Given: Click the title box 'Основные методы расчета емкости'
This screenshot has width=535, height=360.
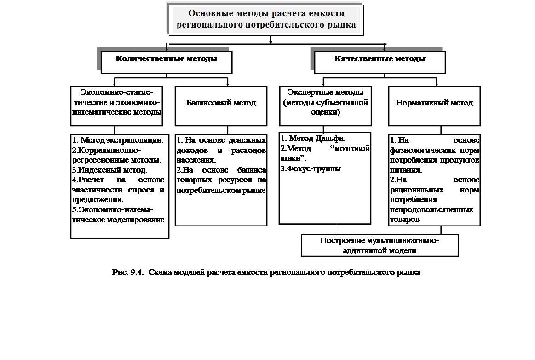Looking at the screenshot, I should tap(266, 20).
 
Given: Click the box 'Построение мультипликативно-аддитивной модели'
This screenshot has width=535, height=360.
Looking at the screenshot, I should tap(380, 245).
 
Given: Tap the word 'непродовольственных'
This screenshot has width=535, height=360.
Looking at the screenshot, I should tap(425, 210).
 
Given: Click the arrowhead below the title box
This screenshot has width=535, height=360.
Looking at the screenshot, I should tap(271, 42).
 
